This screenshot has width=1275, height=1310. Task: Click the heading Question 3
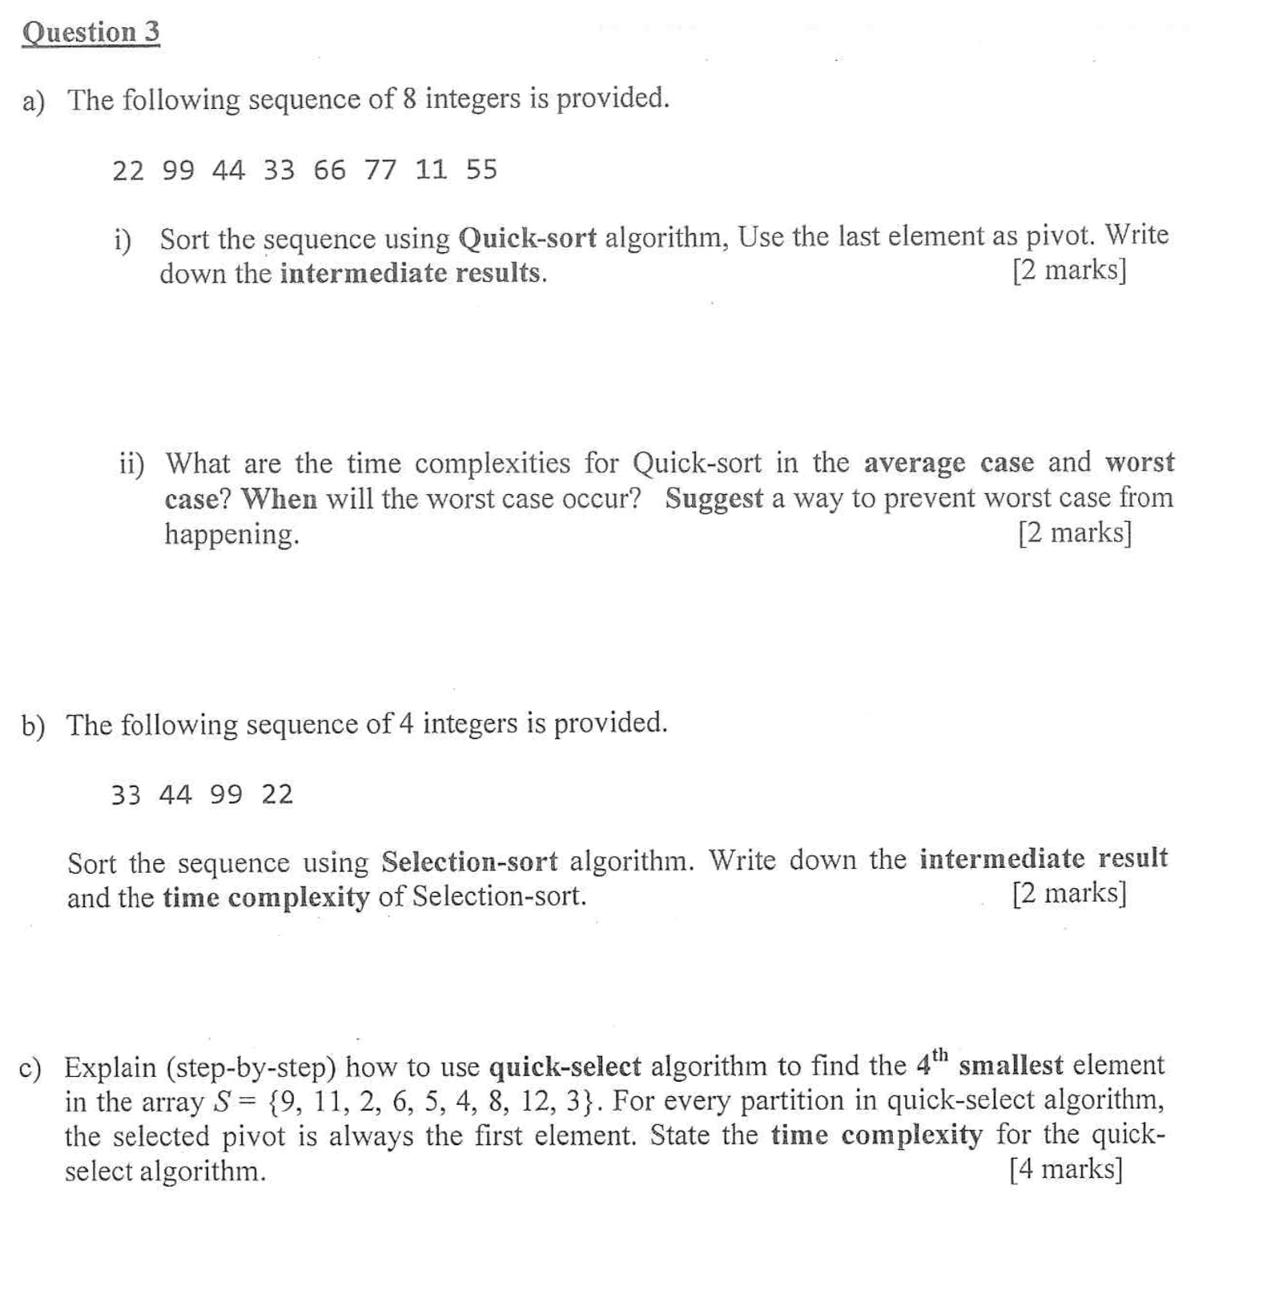coord(90,33)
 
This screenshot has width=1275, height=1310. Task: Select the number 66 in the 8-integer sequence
coord(330,170)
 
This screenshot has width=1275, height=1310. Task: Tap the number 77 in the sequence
coord(380,170)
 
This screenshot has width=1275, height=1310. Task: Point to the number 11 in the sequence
coord(431,170)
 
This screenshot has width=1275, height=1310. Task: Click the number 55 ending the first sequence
coord(481,170)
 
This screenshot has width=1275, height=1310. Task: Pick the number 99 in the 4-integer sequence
coord(227,794)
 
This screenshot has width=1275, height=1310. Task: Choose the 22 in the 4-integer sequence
coord(277,794)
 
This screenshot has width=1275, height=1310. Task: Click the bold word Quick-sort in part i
coord(528,238)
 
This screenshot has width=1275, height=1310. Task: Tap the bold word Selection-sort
coord(469,862)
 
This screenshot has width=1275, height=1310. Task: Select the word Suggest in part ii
coord(714,499)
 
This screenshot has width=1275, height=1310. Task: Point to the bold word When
coord(280,500)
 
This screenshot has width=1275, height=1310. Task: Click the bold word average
coord(915,464)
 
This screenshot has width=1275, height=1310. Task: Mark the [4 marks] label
coord(1066,1169)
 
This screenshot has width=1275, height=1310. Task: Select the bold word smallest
coord(1011,1066)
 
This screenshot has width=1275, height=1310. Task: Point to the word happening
coord(231,534)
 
